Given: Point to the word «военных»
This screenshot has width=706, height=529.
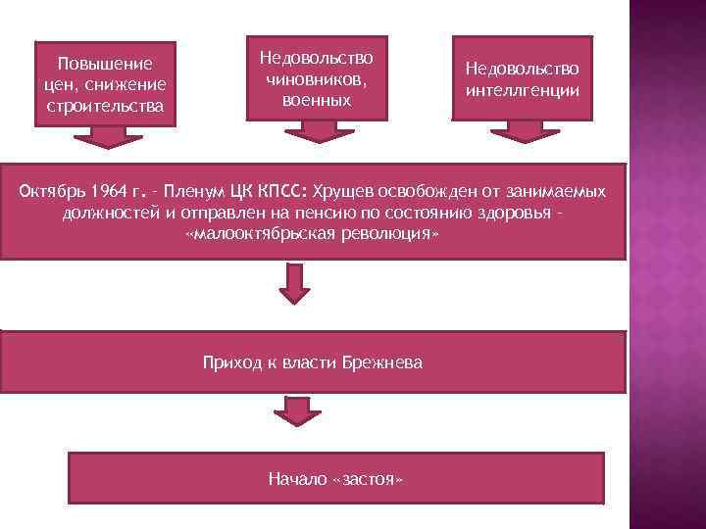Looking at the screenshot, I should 317,101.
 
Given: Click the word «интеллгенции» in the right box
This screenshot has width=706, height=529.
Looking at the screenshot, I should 523,89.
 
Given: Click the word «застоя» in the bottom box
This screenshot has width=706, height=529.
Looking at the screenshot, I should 370,480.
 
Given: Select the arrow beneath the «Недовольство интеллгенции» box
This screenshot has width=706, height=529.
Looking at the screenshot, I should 523,131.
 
